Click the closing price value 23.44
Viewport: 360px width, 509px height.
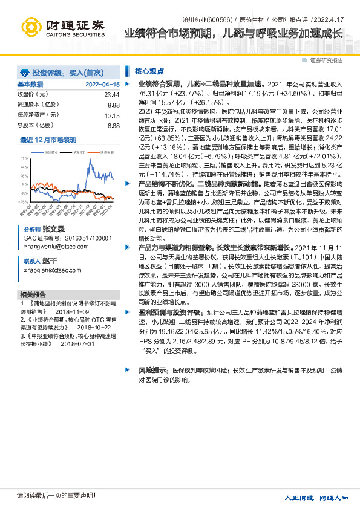(112, 95)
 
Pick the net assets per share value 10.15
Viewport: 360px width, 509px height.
(112, 115)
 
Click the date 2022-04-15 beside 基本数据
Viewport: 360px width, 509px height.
(103, 84)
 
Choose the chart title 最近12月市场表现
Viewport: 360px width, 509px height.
(48, 140)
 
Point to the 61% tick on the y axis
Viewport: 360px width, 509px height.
(24, 157)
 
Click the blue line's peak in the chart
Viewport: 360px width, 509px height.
(90, 160)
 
